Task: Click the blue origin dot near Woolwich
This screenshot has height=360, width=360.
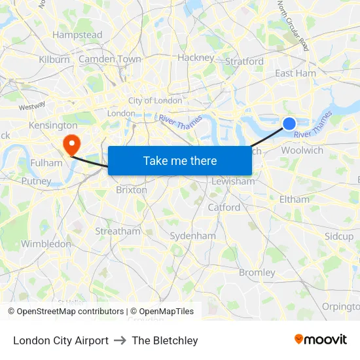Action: coord(289,124)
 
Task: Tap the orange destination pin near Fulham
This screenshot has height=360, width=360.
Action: coord(71,143)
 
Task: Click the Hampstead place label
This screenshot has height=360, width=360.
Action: coord(77,35)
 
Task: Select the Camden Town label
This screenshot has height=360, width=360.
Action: coord(110,59)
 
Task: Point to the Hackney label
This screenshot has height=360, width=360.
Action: coord(196,58)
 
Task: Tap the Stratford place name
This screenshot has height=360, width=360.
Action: coord(244,62)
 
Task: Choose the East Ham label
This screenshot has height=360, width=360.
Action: coord(295,73)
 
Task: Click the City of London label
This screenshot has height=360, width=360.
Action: coord(155,100)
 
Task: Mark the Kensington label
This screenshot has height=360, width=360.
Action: coord(53,125)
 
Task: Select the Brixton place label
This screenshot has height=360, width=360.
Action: coord(131,190)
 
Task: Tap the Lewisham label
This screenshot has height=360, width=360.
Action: coord(233,181)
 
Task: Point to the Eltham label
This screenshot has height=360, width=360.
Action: coord(294,199)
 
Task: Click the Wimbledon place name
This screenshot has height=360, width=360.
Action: coord(46,243)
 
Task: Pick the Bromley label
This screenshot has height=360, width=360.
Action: coord(257,272)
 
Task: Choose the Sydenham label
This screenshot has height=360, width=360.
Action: coord(192,236)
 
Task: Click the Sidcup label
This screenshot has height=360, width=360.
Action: coord(339,236)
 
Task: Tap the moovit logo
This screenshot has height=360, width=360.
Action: coord(321,340)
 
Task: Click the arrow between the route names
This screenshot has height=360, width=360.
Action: coord(120,340)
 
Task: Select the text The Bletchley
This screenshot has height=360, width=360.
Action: coord(165,340)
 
